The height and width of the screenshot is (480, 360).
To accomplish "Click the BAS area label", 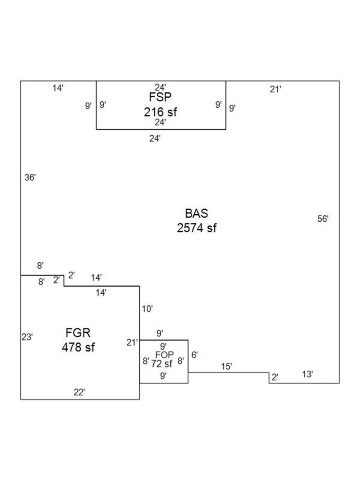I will [196, 213].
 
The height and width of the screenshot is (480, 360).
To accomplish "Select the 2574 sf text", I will [196, 228].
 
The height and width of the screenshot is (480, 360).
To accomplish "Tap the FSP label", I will [160, 96].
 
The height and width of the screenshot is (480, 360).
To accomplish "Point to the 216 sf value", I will [160, 112].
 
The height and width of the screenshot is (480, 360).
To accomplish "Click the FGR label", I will [78, 332].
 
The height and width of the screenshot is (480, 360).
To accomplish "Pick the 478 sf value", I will [78, 347].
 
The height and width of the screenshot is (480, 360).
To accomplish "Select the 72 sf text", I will [162, 364].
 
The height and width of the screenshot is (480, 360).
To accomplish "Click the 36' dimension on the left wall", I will [30, 178].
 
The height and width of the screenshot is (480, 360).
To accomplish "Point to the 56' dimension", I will [323, 219].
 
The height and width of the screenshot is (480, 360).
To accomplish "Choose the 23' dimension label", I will [27, 337].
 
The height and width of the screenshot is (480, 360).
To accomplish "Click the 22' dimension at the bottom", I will [79, 392].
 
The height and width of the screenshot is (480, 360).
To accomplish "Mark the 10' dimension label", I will [147, 308].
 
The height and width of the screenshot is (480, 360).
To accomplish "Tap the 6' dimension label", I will [194, 355].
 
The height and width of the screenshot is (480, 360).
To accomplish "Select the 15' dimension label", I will [227, 367].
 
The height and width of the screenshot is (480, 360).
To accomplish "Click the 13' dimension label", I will [308, 375].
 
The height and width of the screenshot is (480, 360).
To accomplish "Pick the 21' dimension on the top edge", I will [276, 89].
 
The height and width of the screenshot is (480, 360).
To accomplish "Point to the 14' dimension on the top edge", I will [58, 88].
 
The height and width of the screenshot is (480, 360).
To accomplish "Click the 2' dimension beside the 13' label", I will [275, 377].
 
